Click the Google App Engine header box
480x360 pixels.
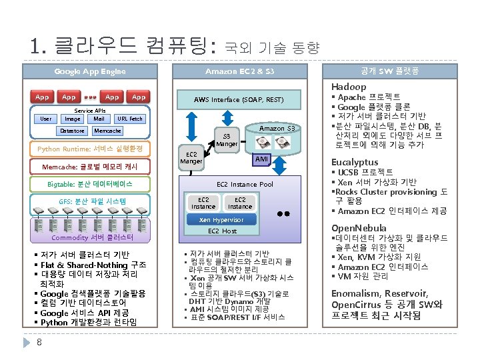90,71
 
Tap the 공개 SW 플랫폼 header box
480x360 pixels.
389,71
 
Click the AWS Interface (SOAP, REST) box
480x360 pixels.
238,99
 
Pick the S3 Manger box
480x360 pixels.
227,139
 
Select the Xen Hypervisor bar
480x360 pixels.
222,219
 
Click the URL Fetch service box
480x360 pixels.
129,119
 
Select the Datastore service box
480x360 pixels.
73,131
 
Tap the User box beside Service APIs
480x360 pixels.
45,119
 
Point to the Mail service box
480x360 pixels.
99,119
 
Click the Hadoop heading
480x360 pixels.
349,87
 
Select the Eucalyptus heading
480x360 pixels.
354,162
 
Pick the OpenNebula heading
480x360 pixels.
359,228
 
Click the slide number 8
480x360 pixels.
40,343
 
